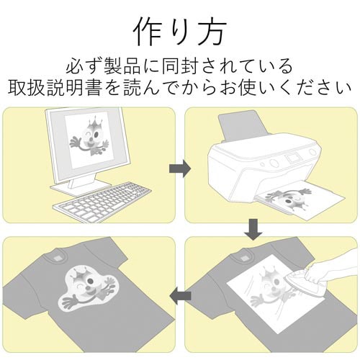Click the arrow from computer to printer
[x=179, y=168]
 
